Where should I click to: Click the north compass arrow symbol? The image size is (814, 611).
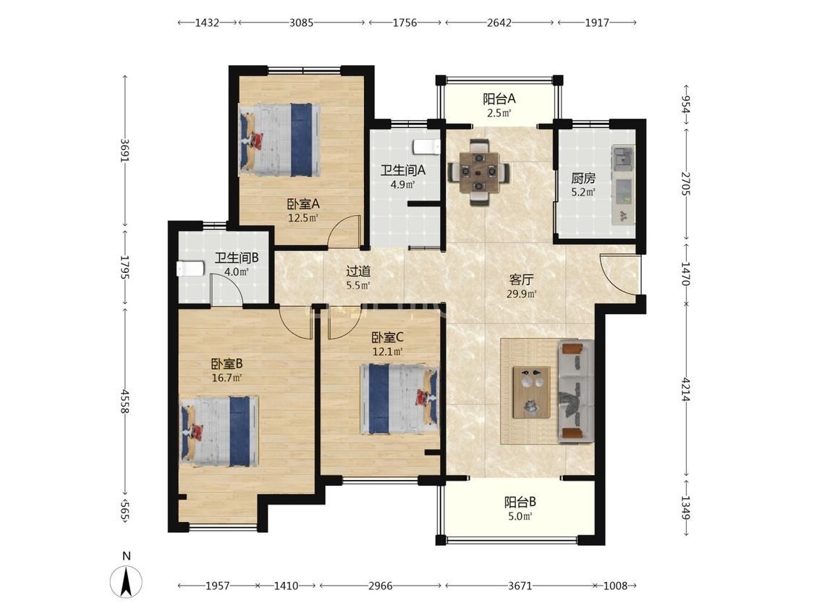[126, 581]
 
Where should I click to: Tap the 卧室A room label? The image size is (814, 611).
[303, 204]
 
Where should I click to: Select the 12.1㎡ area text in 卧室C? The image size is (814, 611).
[388, 352]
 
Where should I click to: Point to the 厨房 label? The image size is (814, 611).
[583, 178]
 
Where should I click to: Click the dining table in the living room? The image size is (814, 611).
[478, 172]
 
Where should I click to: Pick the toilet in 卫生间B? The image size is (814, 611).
[190, 269]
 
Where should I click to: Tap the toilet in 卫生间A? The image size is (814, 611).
[427, 147]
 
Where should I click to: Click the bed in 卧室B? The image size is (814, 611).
[219, 431]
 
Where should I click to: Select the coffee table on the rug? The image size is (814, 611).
[532, 392]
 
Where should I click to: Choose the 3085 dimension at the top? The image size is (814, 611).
[301, 22]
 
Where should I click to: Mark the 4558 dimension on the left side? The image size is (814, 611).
[124, 401]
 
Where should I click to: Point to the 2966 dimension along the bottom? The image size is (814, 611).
[380, 586]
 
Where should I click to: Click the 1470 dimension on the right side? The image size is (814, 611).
[686, 274]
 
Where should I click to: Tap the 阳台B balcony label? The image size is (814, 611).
[520, 502]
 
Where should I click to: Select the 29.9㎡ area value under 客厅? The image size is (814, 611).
[521, 293]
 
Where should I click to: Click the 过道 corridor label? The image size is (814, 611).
[358, 271]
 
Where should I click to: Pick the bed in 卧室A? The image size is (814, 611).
[279, 140]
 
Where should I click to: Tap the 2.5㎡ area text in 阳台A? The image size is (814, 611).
[499, 113]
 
